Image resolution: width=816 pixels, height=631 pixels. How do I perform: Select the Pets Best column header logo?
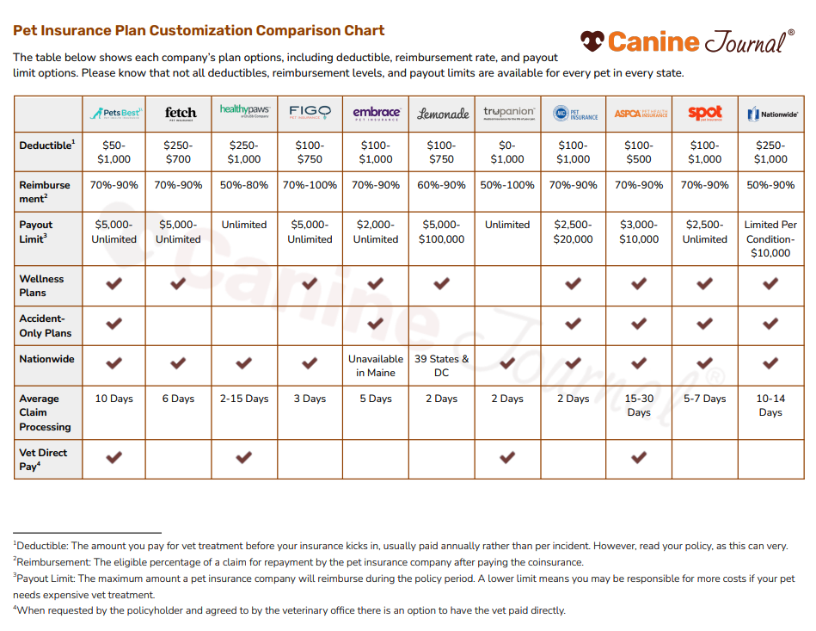114,113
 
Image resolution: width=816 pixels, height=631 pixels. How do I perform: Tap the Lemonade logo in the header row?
442,113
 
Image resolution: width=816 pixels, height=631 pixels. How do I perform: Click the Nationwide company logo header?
770,113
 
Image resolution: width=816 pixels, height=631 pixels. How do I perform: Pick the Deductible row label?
47,145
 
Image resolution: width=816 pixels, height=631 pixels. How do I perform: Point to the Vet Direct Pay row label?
43,459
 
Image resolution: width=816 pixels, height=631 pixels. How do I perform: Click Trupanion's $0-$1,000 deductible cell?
507,152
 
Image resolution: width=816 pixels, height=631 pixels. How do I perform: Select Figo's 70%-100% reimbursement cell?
310,185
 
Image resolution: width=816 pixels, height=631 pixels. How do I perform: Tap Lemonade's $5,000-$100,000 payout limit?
442,232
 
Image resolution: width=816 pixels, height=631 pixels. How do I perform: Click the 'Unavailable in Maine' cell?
376,366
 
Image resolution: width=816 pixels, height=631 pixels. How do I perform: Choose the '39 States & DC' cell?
442,366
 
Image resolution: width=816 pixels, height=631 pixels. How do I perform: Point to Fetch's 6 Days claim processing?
180,399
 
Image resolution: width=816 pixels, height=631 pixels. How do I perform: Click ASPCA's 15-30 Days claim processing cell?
639,405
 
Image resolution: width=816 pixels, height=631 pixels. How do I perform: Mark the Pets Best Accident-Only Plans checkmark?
114,324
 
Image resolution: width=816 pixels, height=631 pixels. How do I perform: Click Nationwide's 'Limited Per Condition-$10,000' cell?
770,238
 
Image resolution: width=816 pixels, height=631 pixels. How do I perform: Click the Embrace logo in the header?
376,113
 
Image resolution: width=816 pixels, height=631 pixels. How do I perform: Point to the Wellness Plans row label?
42,285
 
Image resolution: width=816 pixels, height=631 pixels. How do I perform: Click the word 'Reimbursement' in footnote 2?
50,562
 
